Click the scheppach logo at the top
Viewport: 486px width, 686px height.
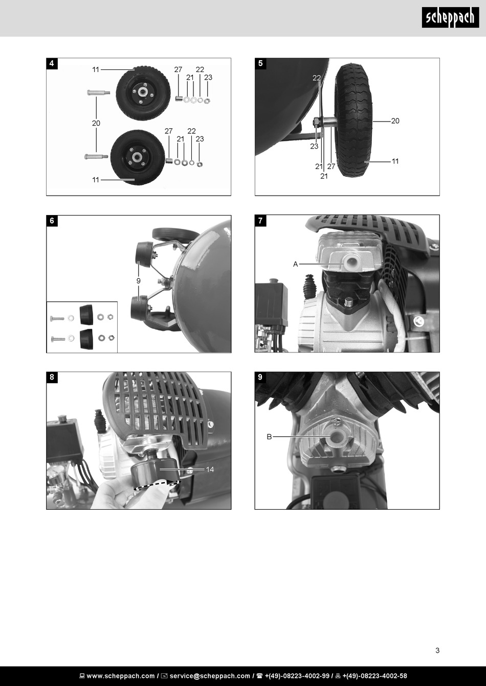[x=450, y=17]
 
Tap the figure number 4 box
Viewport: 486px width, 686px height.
[x=52, y=63]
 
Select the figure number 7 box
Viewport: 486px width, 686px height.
[x=260, y=221]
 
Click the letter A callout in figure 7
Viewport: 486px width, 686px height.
[x=295, y=264]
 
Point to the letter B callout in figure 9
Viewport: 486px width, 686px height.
[x=269, y=437]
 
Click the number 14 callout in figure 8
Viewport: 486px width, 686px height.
[x=210, y=469]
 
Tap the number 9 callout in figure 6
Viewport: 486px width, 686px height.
[x=138, y=281]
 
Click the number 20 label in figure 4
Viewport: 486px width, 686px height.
[x=96, y=123]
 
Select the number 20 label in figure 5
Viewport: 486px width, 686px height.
[x=395, y=121]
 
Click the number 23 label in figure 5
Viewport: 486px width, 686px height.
[x=314, y=147]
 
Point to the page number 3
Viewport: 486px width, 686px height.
[x=437, y=650]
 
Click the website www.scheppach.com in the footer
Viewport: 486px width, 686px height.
[x=121, y=676]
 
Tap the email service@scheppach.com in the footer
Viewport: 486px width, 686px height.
[x=210, y=676]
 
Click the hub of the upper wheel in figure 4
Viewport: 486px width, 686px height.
[x=142, y=92]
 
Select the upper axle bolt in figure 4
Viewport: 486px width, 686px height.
[x=98, y=92]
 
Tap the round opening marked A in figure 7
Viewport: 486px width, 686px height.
[x=350, y=261]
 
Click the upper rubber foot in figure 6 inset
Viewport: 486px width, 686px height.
[x=86, y=315]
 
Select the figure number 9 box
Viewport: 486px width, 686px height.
[x=260, y=377]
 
